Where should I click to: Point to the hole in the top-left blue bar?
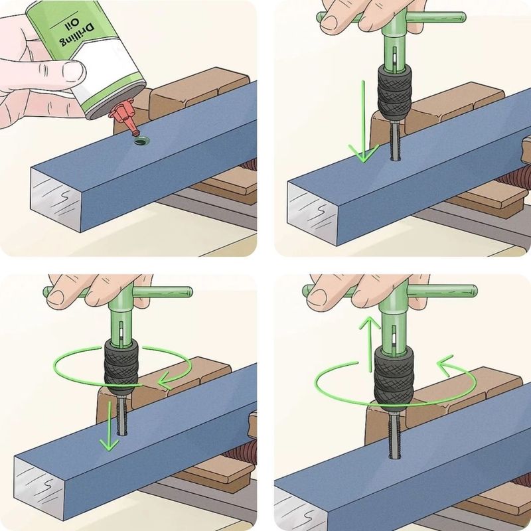(142, 141)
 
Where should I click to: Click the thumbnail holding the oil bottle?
(73, 72)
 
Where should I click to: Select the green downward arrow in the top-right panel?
(363, 121)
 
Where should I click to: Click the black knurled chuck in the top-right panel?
(394, 92)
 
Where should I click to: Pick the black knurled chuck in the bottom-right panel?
(394, 375)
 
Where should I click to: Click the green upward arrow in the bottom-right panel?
(370, 344)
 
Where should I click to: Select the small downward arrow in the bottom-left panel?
(110, 426)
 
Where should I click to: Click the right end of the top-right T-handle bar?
(463, 17)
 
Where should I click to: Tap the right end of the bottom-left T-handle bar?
(190, 292)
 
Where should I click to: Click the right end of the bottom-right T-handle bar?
(474, 291)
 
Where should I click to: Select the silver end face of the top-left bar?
(56, 200)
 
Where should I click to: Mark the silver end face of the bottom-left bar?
(39, 489)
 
